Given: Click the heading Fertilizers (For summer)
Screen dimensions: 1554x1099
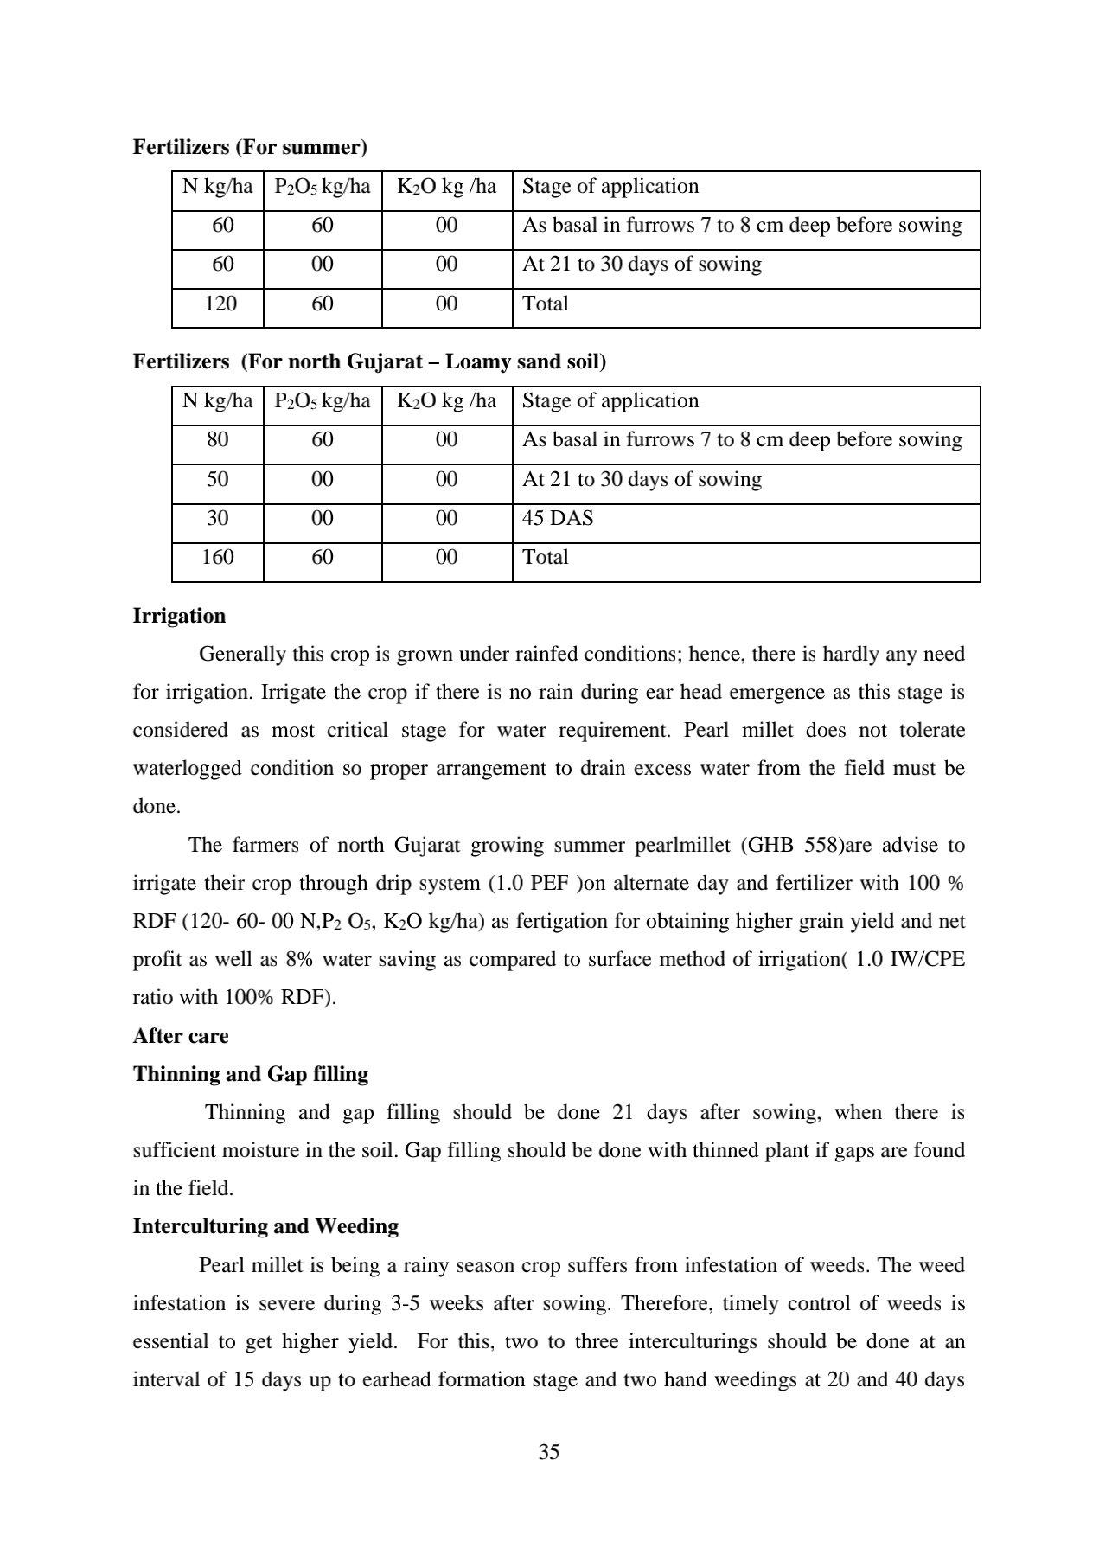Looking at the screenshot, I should tap(250, 147).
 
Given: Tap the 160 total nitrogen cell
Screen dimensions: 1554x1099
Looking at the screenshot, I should tap(218, 557).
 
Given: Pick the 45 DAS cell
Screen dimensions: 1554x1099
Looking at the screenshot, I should tap(558, 518).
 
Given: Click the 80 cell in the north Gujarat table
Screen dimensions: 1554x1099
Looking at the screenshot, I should tap(218, 439).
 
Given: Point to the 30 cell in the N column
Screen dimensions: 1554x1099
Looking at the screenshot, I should tap(218, 518).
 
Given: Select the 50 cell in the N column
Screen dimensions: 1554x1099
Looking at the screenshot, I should tap(218, 479).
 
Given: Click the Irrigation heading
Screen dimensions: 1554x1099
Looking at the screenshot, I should tap(179, 616).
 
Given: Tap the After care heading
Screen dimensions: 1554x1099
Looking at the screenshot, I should tap(181, 1036).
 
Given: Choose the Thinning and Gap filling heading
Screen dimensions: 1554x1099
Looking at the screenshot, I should tap(251, 1074).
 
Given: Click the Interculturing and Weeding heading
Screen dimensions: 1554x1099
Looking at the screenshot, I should tap(265, 1226).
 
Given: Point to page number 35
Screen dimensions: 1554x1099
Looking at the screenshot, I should tap(549, 1452).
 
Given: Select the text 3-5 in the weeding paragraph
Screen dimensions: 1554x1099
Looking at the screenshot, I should tap(409, 1303).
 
